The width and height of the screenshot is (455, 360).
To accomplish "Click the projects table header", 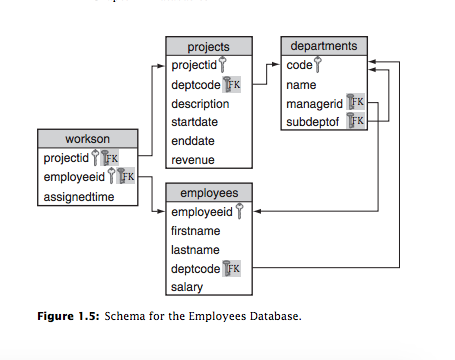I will click(208, 46).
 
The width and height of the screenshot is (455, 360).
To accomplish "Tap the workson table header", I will click(88, 138).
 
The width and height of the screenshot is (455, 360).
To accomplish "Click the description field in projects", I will click(200, 103).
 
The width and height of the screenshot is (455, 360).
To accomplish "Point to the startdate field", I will click(194, 122).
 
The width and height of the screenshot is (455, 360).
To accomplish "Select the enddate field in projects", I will click(192, 141).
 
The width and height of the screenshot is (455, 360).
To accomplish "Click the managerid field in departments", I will click(314, 103).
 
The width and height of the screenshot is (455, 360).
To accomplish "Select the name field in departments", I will click(301, 84).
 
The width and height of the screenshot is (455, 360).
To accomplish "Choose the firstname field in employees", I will click(194, 231).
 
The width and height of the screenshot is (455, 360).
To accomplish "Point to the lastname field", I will click(194, 250).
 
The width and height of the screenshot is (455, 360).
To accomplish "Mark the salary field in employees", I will click(187, 287).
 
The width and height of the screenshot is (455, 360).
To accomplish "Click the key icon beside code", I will click(318, 65).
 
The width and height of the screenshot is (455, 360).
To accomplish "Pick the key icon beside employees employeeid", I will click(239, 212).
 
